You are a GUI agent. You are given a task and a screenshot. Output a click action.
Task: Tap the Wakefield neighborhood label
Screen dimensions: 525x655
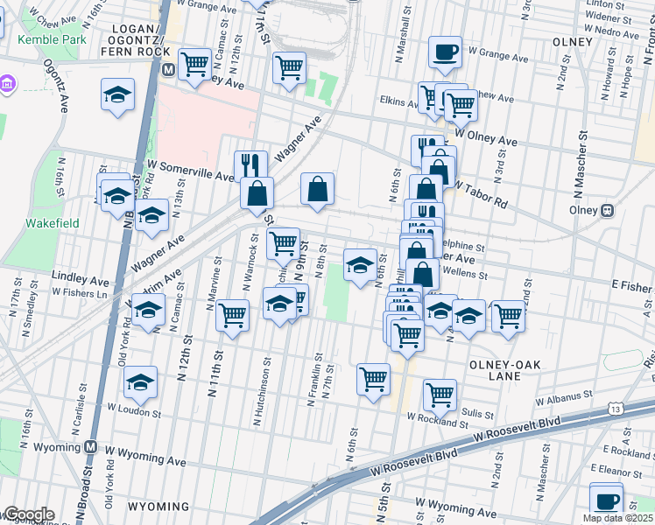tap(52, 223)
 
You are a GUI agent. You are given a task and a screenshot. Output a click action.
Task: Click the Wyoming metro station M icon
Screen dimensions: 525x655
tap(91, 446)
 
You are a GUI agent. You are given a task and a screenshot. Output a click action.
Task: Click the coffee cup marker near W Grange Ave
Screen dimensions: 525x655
tap(446, 52)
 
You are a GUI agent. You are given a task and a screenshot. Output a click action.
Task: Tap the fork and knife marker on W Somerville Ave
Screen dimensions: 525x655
tap(250, 164)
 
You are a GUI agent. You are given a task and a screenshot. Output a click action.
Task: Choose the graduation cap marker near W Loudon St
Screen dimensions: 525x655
tap(140, 381)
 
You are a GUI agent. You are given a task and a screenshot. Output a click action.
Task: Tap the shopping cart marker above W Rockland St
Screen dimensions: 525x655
tap(439, 394)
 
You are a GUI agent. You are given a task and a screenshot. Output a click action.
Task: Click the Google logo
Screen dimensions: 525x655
tap(28, 514)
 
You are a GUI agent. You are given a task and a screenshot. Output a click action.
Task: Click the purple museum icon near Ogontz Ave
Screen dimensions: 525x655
tap(7, 85)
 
